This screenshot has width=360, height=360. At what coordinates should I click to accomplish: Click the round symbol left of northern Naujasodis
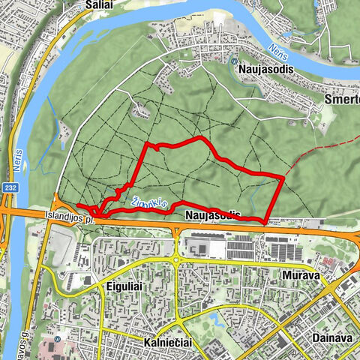pos(235,62)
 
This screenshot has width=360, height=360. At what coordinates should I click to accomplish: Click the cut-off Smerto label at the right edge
pos(344,98)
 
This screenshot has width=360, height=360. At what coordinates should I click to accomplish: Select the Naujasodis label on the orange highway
pos(211,215)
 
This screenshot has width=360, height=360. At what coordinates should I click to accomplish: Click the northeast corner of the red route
pos(282,177)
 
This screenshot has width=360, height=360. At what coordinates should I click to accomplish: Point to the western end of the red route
pos(78,204)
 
